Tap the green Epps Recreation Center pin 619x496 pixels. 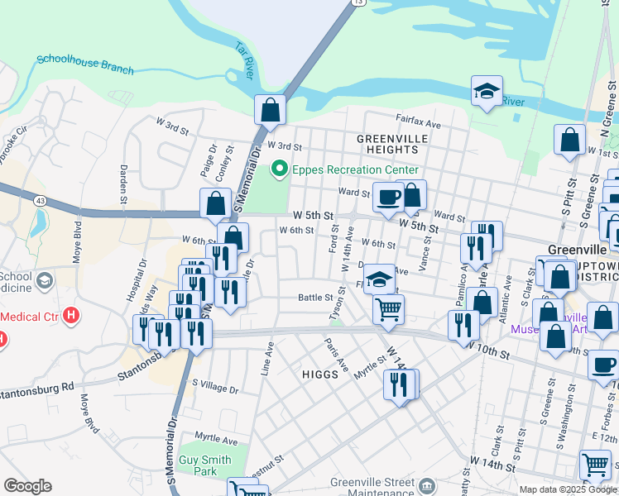point(279,169)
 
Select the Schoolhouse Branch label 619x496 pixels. point(84,64)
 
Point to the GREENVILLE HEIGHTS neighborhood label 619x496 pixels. point(388,143)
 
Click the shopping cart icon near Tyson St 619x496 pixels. point(388,310)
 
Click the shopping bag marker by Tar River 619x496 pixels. point(270,109)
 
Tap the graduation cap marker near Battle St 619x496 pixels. point(379,279)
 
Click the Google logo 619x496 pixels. point(27,486)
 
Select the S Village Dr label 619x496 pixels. point(214,385)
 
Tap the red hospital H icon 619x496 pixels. point(71,315)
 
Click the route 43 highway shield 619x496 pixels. point(40,201)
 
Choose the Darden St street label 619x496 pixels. point(123,184)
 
